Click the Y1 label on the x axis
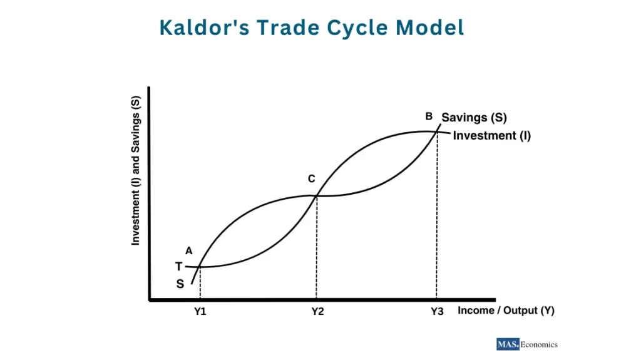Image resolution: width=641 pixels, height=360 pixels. coord(200,312)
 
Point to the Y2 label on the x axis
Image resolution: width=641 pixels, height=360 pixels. coord(317,312)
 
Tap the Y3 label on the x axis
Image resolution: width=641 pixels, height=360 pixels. coord(436,312)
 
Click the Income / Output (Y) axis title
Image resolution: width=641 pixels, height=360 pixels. coord(506,311)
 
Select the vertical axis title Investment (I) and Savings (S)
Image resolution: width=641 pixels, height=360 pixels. coord(136,169)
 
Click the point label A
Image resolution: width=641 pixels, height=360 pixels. coord(188,250)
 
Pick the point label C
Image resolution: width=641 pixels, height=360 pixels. coord(311,179)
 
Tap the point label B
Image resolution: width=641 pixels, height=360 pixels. coord(429,116)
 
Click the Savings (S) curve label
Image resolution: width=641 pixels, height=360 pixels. coord(474,117)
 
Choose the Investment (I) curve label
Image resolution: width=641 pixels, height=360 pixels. coord(491,135)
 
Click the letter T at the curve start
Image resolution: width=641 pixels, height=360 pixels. coord(178,267)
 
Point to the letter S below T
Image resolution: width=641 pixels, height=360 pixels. coord(180,284)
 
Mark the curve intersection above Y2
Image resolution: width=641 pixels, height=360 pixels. coord(316,196)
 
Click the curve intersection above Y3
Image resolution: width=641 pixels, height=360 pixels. coord(436,131)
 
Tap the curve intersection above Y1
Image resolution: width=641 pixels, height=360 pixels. coord(199,267)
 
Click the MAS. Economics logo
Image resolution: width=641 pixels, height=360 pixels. coord(526,344)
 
